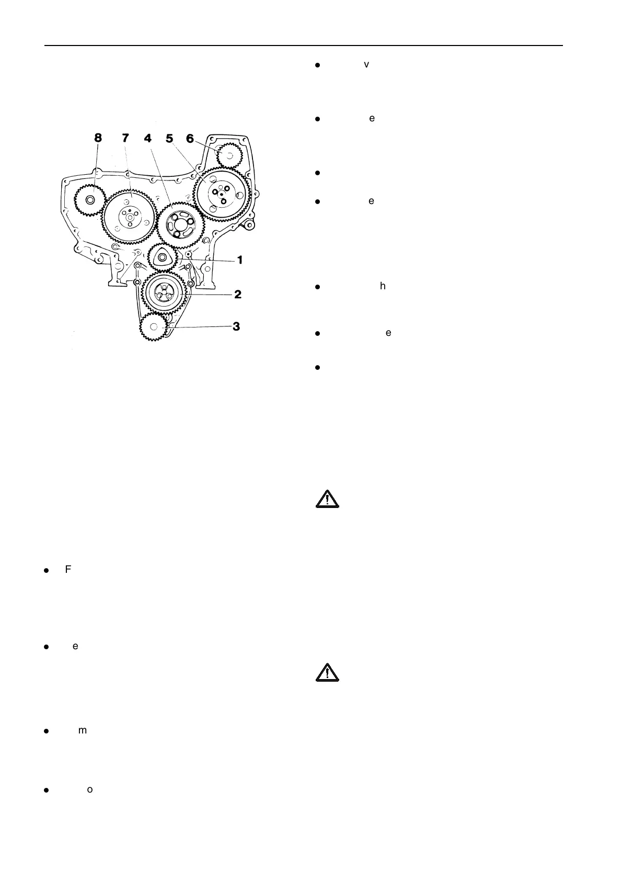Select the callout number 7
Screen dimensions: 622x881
point(125,138)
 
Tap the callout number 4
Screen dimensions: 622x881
point(148,138)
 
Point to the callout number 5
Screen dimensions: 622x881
point(169,138)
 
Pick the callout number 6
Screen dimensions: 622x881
point(190,138)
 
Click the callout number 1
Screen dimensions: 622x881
point(240,259)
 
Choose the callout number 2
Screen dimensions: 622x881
point(238,295)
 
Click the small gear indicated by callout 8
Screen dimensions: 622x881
point(90,200)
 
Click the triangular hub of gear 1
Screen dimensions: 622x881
point(163,257)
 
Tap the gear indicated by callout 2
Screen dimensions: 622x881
point(164,294)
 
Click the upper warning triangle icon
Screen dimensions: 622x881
point(327,499)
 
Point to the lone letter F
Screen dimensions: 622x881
point(67,569)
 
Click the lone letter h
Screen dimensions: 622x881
point(383,286)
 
